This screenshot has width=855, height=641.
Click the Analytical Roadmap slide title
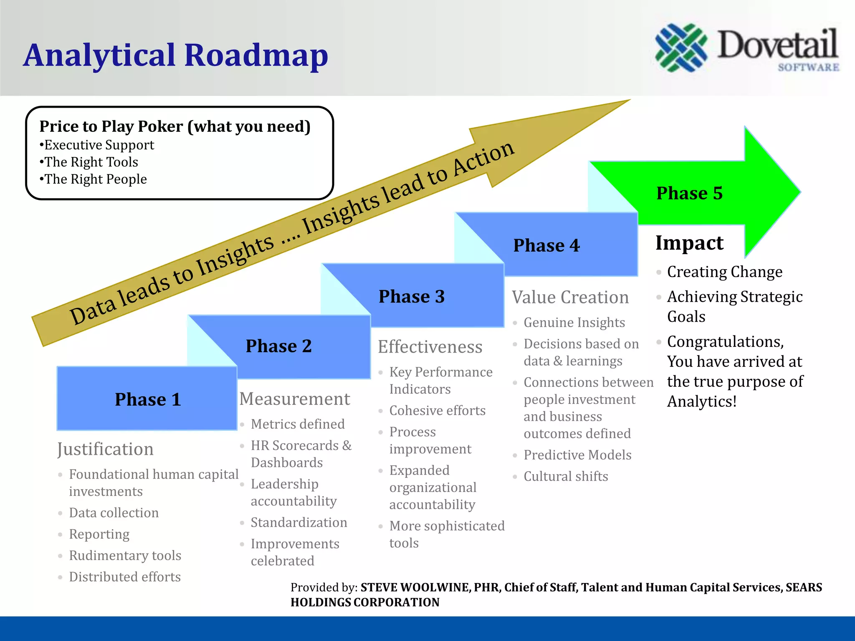point(175,55)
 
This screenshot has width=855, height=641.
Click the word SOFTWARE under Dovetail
point(808,67)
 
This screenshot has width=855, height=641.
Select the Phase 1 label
point(148,399)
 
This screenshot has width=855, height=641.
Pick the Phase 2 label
point(278,346)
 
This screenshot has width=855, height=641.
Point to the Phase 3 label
point(411,296)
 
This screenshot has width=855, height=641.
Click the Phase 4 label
point(546,245)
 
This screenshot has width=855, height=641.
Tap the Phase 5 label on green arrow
point(689,193)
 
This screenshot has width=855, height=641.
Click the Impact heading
point(689,243)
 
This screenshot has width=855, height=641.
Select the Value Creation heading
point(570,298)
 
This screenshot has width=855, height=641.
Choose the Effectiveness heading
point(430,347)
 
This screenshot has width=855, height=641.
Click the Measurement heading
point(294,399)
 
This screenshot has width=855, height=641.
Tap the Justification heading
point(105,449)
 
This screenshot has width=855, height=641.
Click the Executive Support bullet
point(99,145)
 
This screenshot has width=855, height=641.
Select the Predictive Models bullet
point(577,455)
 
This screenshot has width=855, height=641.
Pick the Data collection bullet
point(114,512)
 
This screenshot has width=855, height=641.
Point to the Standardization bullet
point(298,522)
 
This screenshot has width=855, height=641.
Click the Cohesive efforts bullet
point(437,411)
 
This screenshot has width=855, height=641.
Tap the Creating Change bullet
point(724,272)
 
